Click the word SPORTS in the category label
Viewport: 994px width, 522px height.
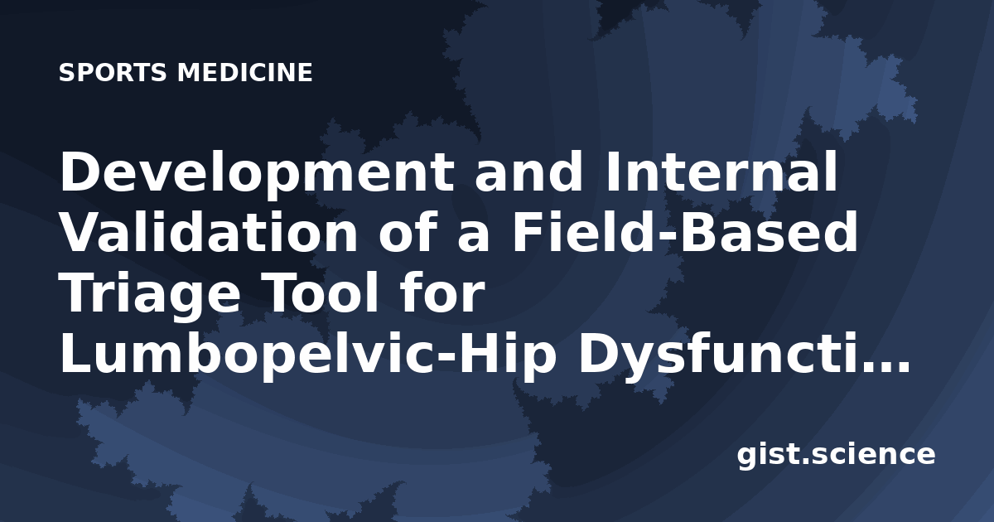tap(113, 72)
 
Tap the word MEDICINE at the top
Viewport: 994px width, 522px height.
tap(245, 72)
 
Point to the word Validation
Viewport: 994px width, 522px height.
tap(209, 232)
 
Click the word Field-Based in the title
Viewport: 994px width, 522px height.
tap(685, 232)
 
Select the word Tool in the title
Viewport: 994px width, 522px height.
tap(322, 293)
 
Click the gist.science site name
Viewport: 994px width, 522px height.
tap(836, 456)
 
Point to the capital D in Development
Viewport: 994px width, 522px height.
tap(81, 172)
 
